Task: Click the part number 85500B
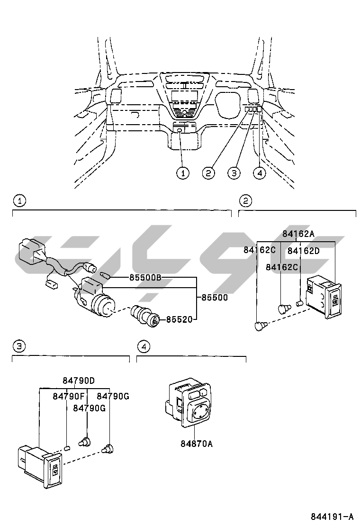pos(145,278)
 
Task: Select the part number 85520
pos(180,319)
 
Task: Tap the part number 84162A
pos(298,234)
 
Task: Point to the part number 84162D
pos(304,251)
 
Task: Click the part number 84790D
pos(79,381)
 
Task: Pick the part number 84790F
pos(69,396)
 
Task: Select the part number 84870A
pos(197,444)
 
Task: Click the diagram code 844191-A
pos(332,516)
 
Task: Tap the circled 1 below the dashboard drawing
pos(183,173)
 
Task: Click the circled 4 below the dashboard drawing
pos(260,173)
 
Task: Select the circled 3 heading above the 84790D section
pos(19,346)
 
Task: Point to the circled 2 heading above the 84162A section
pos(245,201)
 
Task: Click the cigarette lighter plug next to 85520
pos(144,316)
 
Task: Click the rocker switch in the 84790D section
pos(40,465)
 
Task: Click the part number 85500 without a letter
pos(215,298)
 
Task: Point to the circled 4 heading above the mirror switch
pos(144,346)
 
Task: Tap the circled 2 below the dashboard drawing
pos(208,173)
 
